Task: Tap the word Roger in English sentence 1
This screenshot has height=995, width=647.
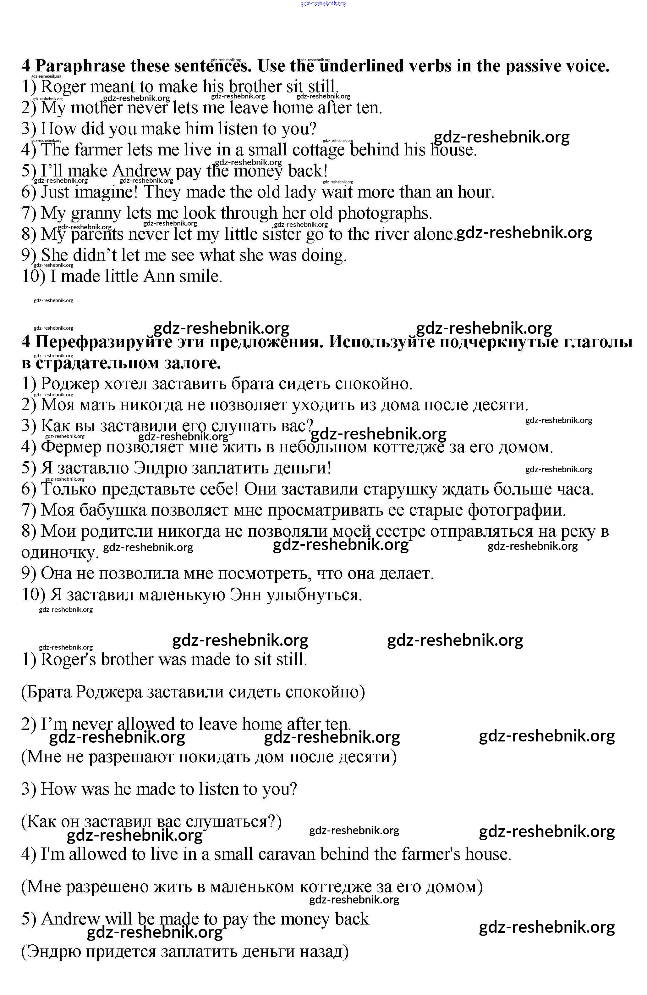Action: (x=63, y=87)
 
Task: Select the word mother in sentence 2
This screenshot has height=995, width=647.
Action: (x=96, y=108)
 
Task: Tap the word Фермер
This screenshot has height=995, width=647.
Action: (x=71, y=447)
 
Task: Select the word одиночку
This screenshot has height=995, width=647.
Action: (x=59, y=553)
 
